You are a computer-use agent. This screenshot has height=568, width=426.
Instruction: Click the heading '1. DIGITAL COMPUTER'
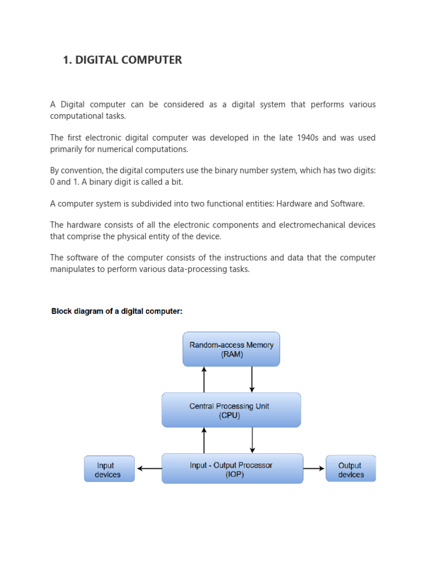123,60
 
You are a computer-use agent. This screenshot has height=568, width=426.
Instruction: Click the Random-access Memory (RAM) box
231,349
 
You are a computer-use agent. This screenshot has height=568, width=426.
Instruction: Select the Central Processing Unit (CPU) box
231,410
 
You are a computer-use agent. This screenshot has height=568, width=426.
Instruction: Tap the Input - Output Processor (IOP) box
232,469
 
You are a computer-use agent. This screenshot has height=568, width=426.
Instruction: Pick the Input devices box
109,469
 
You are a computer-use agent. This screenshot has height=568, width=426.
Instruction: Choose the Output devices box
351,469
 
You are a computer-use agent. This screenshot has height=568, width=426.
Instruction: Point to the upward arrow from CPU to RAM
204,379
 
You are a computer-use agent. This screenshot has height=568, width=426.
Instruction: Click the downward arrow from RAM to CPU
252,379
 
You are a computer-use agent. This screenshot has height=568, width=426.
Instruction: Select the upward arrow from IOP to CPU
204,440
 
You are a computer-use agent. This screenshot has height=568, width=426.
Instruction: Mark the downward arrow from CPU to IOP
252,440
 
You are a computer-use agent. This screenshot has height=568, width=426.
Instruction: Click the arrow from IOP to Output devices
314,469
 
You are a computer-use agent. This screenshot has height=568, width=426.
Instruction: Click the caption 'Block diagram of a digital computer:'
116,312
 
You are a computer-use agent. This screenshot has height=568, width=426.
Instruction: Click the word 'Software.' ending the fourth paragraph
347,204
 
